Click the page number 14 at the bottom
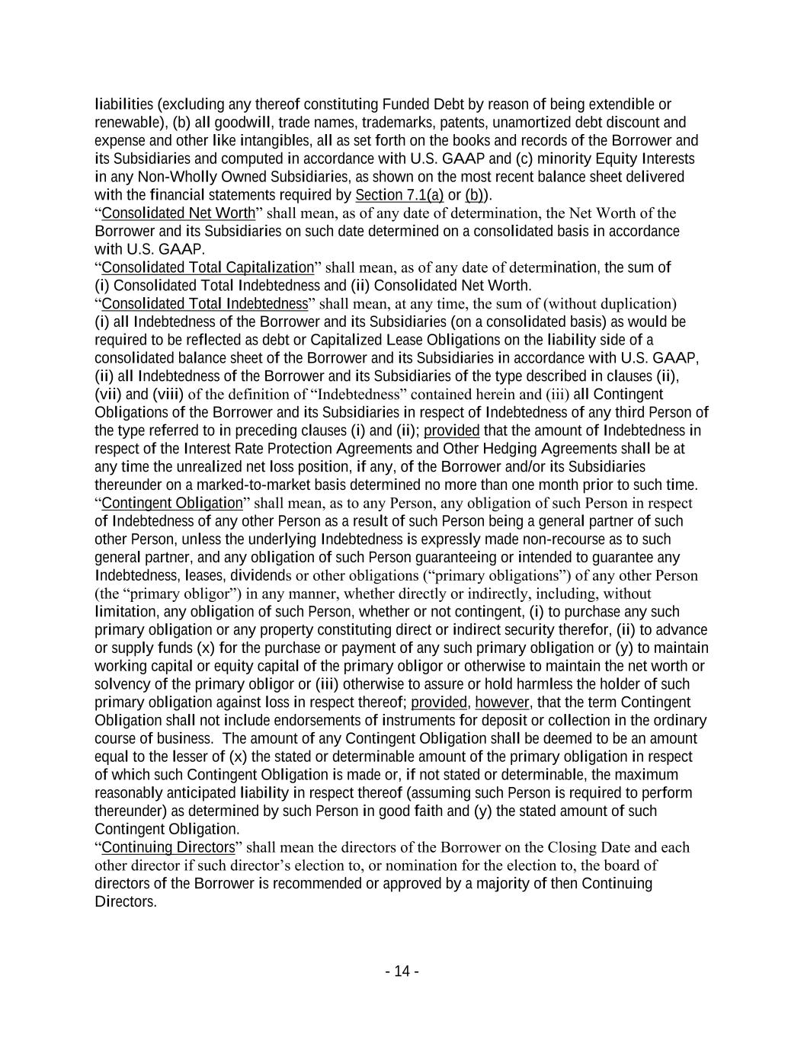[x=402, y=971]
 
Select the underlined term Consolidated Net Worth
[x=178, y=213]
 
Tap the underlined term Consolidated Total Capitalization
[x=207, y=267]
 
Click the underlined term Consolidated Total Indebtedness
[x=204, y=304]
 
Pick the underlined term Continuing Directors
[x=168, y=847]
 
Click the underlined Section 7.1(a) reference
[x=399, y=195]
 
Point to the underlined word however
[x=501, y=702]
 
